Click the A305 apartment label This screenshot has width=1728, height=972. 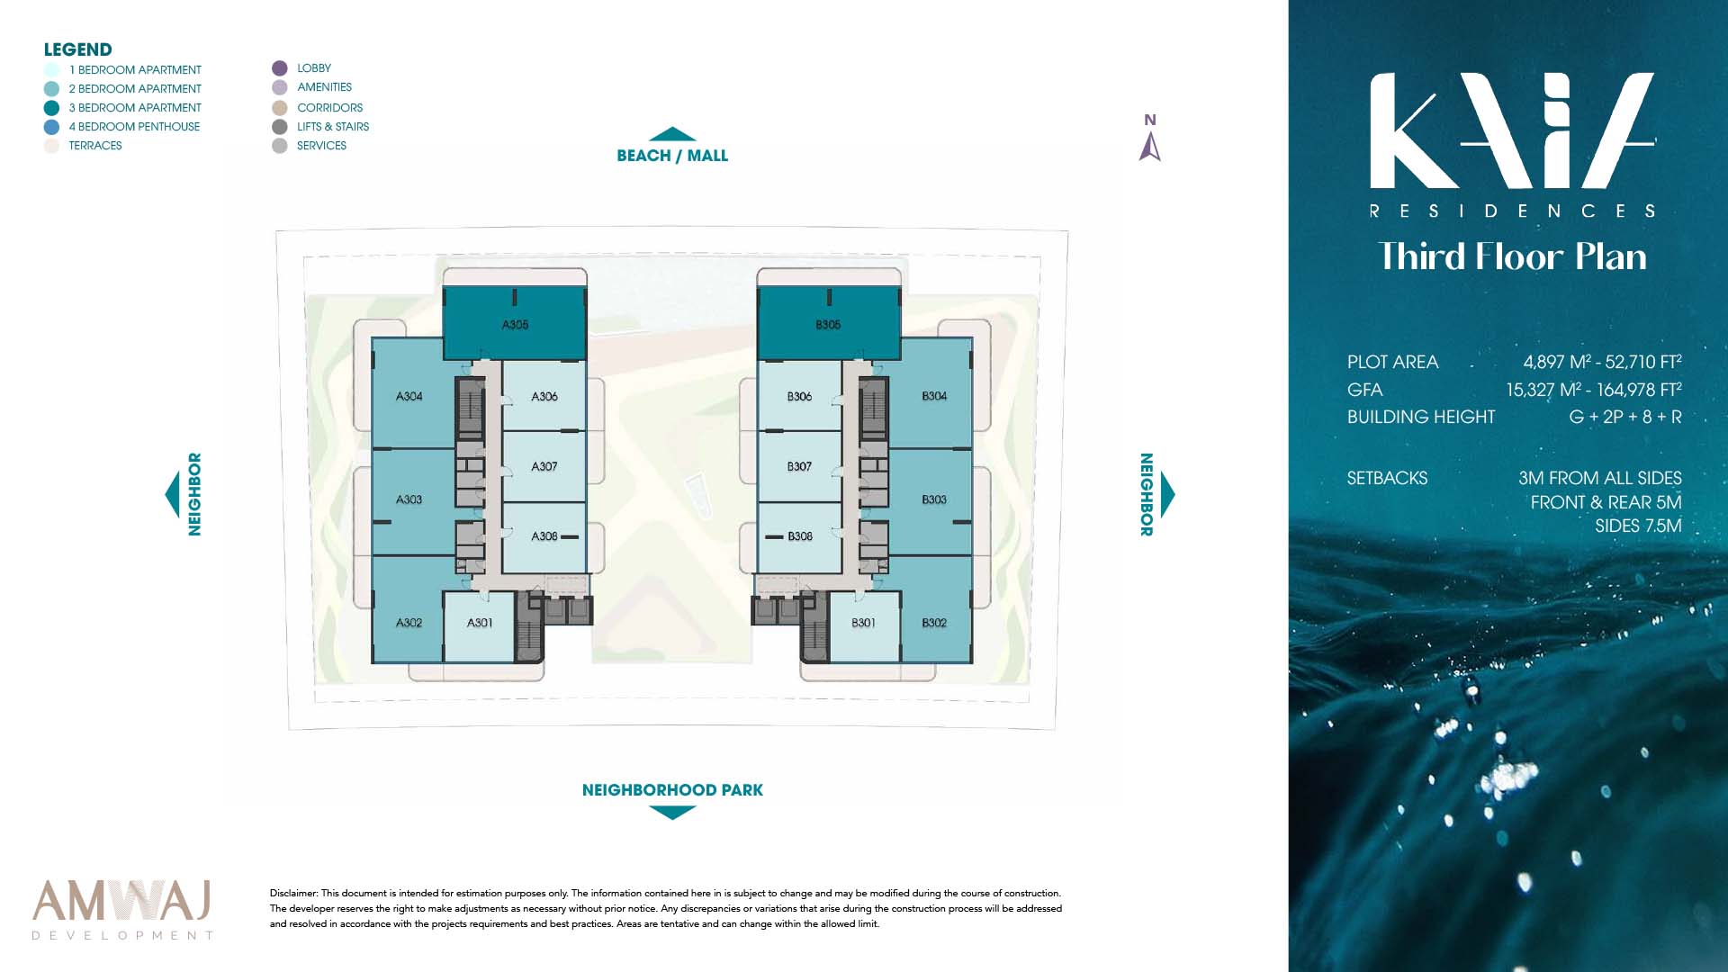(515, 325)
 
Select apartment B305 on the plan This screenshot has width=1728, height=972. (828, 325)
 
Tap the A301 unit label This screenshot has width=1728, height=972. (480, 623)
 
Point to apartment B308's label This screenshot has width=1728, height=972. (799, 536)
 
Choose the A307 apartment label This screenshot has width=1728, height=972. (544, 466)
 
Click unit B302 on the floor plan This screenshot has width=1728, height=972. (934, 623)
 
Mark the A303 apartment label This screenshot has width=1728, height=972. (409, 499)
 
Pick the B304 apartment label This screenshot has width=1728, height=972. (934, 396)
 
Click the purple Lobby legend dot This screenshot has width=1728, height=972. (280, 68)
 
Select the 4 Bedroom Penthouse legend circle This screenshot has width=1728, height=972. (51, 127)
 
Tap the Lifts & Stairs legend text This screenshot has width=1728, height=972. (333, 127)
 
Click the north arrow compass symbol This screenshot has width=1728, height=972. (1150, 146)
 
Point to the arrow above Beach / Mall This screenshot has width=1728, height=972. (672, 134)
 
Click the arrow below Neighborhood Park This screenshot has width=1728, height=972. (672, 813)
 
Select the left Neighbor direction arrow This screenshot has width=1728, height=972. (172, 493)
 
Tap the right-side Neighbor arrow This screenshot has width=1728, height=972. (1168, 493)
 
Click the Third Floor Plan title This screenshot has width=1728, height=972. (1512, 256)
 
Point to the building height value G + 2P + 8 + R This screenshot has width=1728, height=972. (1625, 417)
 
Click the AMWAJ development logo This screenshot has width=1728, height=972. (122, 909)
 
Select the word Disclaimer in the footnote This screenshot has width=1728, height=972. (293, 894)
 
